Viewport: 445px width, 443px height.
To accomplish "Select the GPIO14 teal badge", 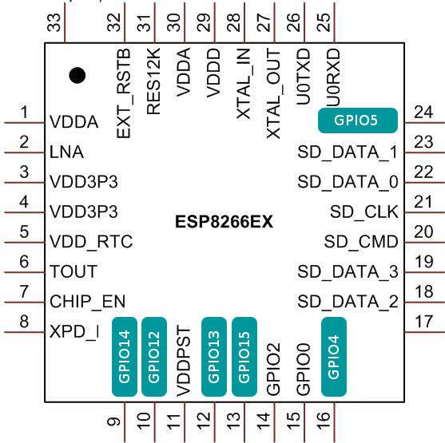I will click(124, 356).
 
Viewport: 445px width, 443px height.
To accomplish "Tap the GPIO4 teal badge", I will click(334, 356).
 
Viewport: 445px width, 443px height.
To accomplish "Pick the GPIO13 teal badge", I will click(213, 356).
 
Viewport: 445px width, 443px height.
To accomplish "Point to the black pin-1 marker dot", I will click(77, 76).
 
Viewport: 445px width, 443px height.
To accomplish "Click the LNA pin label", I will click(66, 151).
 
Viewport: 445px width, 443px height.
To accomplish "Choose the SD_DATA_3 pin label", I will click(348, 272).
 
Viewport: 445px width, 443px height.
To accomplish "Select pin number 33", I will click(54, 23).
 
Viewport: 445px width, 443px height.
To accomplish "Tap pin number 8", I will click(25, 322).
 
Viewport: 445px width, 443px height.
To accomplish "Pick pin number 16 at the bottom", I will click(324, 417).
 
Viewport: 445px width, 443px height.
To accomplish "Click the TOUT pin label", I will click(74, 271).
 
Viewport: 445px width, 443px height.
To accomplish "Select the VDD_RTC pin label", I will click(90, 241).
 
